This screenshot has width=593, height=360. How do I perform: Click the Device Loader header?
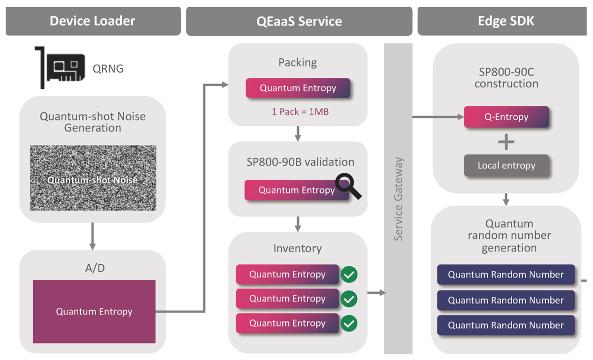pos(93,21)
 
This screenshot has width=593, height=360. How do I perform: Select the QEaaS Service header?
pos(299,21)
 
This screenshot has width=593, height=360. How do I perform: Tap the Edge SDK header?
pos(506,21)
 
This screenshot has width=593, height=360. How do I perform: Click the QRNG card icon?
pos(61,67)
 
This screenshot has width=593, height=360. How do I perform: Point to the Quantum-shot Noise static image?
pos(93,178)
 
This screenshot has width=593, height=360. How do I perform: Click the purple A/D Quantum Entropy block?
pos(94,311)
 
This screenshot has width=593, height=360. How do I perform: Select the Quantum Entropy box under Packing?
pos(298,88)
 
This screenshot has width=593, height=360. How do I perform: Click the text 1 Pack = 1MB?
pos(300,112)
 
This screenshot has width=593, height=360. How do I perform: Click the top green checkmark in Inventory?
pos(349,275)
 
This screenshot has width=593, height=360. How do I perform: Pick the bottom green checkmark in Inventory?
pos(349,323)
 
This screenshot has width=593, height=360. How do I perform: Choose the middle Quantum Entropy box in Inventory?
pos(287,299)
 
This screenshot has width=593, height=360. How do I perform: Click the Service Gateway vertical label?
pos(398,199)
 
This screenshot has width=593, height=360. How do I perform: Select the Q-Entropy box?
pos(506,117)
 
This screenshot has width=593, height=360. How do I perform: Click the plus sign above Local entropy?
pos(506,142)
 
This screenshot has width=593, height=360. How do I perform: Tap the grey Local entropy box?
pos(506,166)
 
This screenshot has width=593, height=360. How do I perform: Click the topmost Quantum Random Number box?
pos(506,275)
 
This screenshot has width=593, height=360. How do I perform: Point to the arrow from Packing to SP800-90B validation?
pos(298,134)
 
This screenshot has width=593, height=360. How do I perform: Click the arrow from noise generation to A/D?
pos(93,236)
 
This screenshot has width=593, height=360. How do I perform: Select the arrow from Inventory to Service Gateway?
pos(376,293)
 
